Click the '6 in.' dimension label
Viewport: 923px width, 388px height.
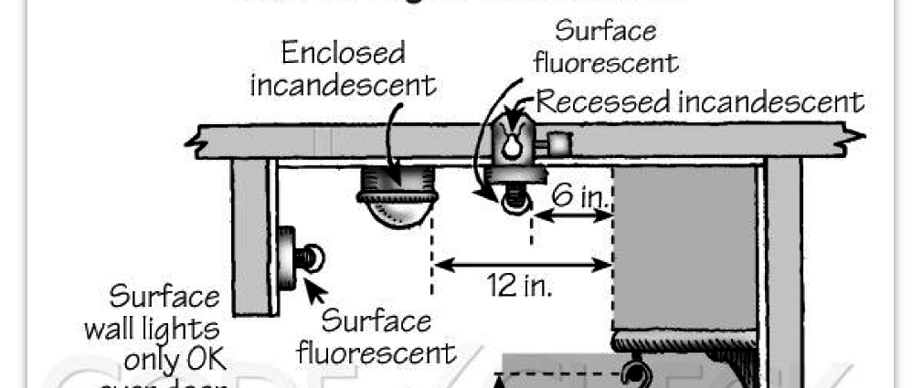click(576, 194)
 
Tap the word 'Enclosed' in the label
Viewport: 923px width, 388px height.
click(343, 53)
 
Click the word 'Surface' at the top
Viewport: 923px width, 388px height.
click(606, 30)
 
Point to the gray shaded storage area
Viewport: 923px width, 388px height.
click(685, 246)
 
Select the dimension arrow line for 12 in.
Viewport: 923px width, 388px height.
click(522, 265)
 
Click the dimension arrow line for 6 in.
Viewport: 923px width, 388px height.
click(572, 215)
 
